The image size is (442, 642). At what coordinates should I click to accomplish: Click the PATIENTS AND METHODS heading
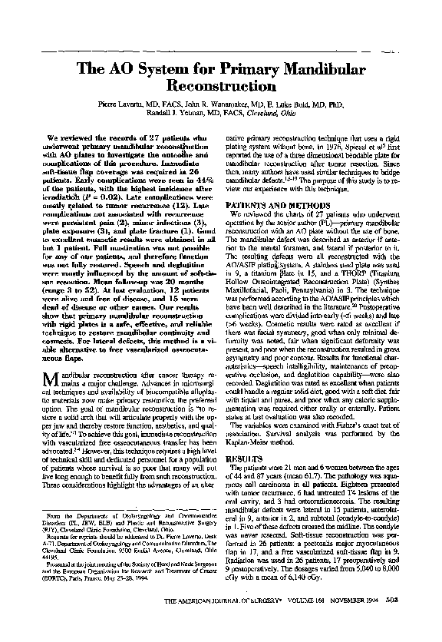273,205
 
